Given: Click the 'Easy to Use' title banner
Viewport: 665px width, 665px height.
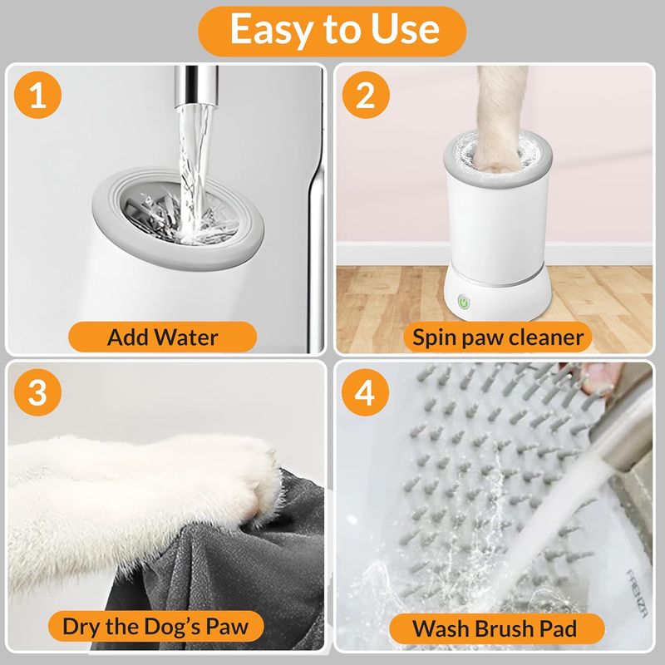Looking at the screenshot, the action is point(332,31).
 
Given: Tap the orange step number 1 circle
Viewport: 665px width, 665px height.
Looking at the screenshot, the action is point(37,95).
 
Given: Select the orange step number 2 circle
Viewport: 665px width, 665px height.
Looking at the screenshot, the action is point(366,95).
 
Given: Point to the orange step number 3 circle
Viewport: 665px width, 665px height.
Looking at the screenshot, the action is point(37,392).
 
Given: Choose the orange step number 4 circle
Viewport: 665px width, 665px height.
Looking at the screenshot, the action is point(366,392).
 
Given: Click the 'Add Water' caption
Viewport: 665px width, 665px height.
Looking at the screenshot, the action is point(162,337).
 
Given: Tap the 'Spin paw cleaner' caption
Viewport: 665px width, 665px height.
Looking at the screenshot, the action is point(498,337).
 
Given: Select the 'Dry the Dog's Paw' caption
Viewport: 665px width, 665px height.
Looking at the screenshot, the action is point(155,627).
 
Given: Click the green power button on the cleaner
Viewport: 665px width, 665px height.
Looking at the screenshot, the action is point(464,303).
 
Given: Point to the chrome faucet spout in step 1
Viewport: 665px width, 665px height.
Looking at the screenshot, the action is point(196,87).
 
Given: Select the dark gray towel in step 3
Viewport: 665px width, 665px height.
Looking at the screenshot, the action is point(220,564).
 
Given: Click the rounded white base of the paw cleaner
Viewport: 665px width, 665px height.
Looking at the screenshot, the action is point(497,296).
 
